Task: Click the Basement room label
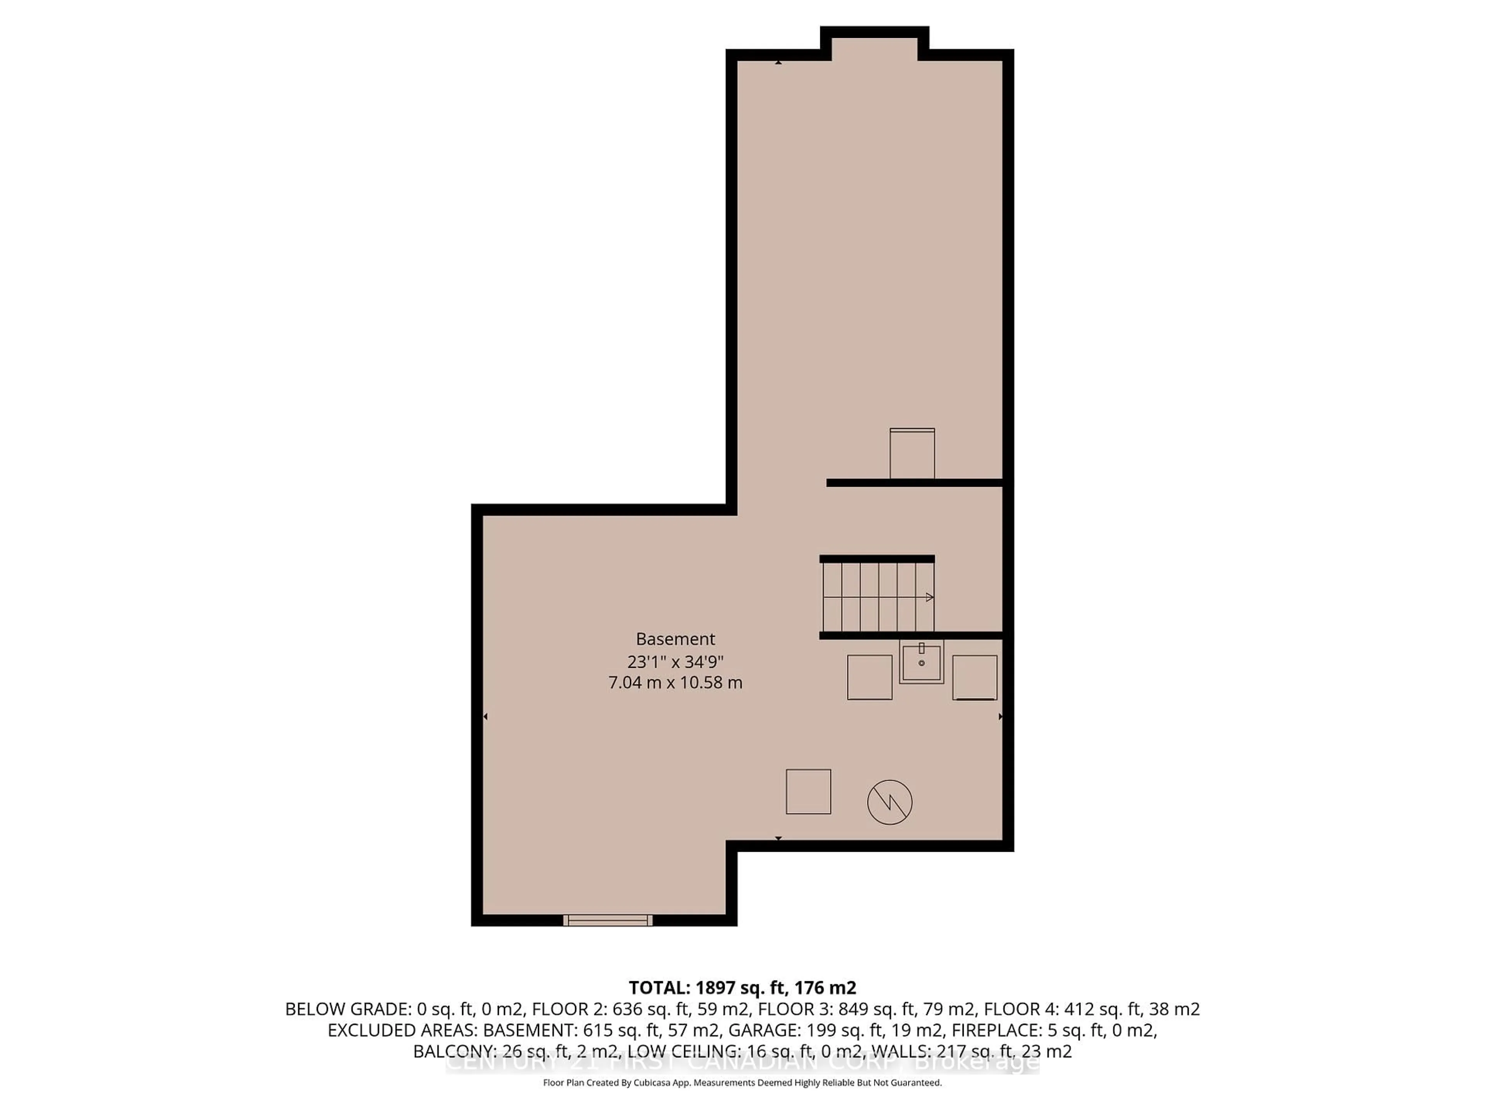675,639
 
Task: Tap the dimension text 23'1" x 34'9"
675,662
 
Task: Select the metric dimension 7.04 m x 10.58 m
675,683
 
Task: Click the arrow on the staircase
929,597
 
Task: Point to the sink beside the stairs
922,662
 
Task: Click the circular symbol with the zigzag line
889,802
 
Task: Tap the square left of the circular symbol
808,791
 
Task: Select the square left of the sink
869,677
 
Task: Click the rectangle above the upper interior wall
911,454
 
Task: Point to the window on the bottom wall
608,921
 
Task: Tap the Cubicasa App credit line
742,1082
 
